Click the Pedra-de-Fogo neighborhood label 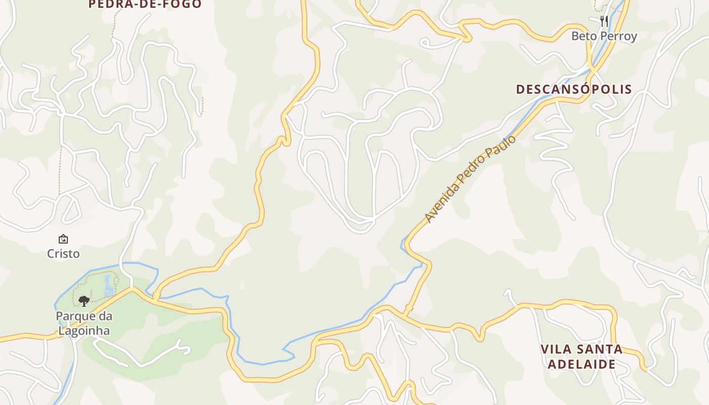pos(145,4)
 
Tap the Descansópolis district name pos(574,89)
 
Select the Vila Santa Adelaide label pos(581,356)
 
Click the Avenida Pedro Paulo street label pos(470,178)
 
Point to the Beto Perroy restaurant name pos(604,36)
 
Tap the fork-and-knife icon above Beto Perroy pos(604,21)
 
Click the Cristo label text pos(63,254)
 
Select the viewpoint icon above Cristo pos(63,239)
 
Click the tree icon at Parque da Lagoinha pos(84,301)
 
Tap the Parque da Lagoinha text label pos(84,323)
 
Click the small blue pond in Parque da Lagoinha pos(108,285)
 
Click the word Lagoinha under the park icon pos(84,331)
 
